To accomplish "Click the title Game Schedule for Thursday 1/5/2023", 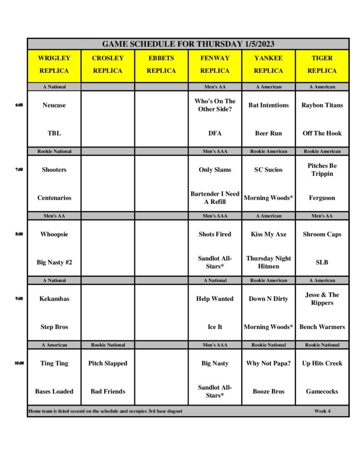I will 188,44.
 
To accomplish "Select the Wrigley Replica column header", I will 54,64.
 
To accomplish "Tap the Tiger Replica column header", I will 322,64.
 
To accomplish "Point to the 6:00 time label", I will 19,105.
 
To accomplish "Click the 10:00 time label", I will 19,363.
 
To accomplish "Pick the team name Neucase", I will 54,105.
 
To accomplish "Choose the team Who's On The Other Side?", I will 215,105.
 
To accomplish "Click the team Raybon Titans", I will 322,105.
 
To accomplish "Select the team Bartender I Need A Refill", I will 215,198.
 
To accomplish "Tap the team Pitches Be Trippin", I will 322,170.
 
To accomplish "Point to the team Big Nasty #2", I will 54,262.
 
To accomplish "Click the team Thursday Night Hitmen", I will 269,262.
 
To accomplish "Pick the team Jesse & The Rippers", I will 322,299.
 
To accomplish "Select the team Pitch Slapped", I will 108,363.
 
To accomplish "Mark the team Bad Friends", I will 108,391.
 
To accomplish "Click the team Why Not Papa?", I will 269,363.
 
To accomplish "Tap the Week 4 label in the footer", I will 322,411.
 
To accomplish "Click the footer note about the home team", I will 105,411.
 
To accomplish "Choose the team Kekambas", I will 54,299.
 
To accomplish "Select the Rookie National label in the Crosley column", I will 108,345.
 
